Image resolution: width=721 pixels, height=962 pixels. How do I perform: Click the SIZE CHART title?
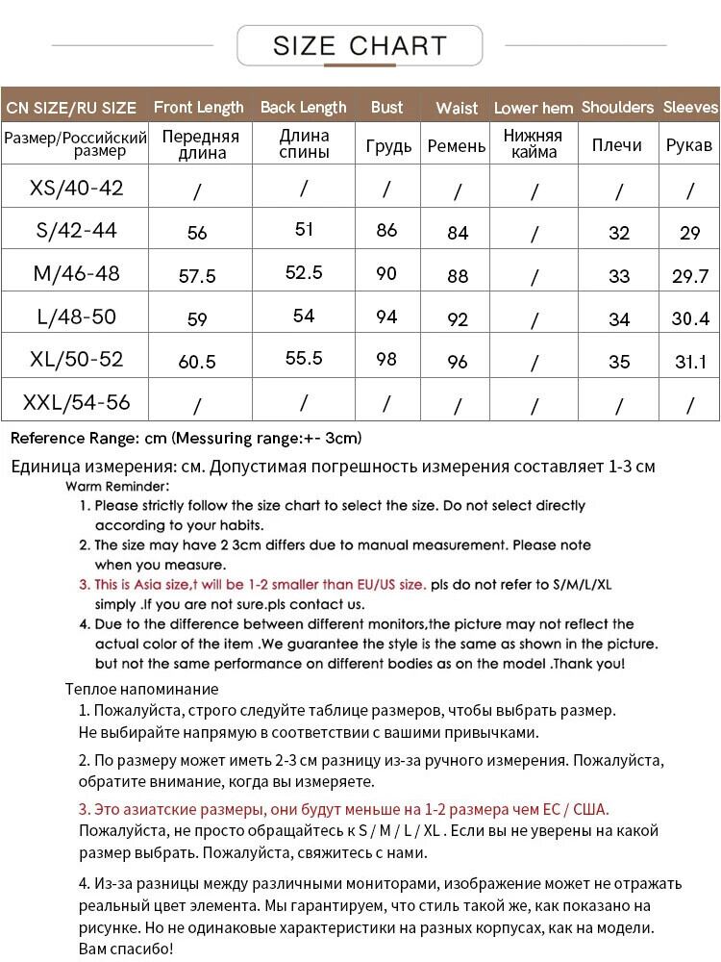[x=360, y=46]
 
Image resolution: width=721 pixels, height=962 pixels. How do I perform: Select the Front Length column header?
[x=198, y=108]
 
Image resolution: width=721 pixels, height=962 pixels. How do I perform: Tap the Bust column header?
[x=386, y=108]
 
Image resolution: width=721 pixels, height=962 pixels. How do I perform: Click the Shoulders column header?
[x=617, y=108]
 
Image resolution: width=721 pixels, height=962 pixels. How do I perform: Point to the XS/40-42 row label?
[x=77, y=188]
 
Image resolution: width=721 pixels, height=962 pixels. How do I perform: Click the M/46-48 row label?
[x=77, y=273]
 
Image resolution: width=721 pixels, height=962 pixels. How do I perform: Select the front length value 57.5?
[x=197, y=276]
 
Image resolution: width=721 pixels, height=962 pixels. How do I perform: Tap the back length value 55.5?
[x=304, y=358]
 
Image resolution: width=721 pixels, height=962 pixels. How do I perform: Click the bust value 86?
[x=386, y=231]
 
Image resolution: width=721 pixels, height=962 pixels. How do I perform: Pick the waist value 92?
[x=458, y=318]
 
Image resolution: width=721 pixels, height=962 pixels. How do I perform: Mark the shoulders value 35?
[x=619, y=362]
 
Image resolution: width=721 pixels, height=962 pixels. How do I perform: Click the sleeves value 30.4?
[x=690, y=318]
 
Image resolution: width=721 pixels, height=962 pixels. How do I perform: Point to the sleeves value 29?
[x=689, y=233]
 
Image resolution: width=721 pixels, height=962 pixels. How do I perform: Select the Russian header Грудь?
[x=388, y=146]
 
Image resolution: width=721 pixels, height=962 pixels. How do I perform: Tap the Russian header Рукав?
[x=689, y=145]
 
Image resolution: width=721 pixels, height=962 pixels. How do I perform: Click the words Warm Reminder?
[x=117, y=487]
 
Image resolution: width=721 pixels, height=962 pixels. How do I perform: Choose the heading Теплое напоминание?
[x=141, y=689]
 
